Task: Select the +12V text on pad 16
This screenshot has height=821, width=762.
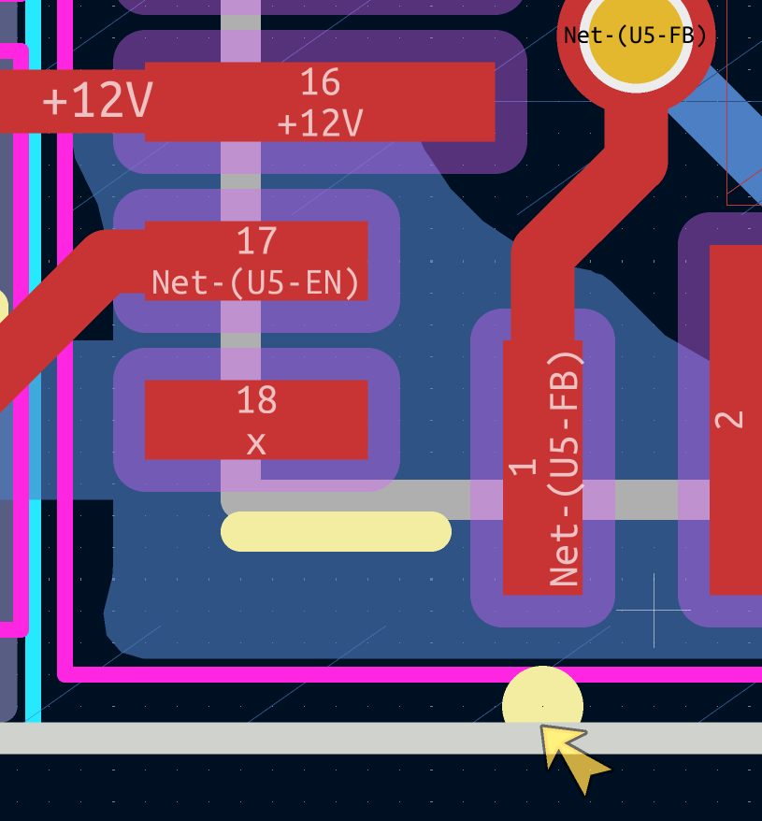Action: pyautogui.click(x=320, y=123)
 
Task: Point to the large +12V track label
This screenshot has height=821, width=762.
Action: pyautogui.click(x=96, y=100)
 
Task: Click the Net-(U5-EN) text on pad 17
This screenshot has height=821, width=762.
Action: pyautogui.click(x=256, y=281)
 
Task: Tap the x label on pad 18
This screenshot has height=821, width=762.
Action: pyautogui.click(x=256, y=443)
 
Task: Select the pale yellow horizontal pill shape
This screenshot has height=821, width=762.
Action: pyautogui.click(x=336, y=531)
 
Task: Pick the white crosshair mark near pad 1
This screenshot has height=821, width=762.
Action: pyautogui.click(x=653, y=611)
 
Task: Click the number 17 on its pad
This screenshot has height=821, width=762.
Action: pyautogui.click(x=256, y=241)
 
